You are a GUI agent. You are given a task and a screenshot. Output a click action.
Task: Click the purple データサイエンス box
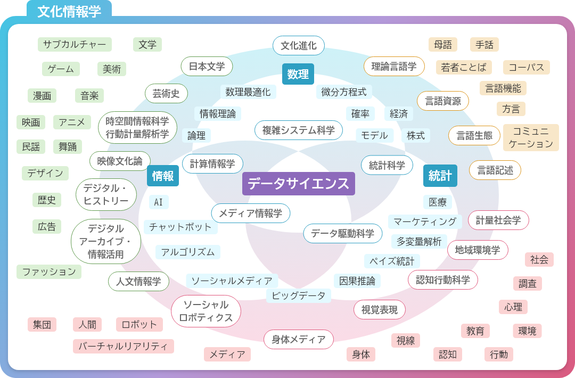[x=299, y=183]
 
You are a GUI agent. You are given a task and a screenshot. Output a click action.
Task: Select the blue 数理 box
[x=298, y=74]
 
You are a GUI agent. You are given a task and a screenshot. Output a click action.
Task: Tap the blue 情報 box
[x=163, y=176]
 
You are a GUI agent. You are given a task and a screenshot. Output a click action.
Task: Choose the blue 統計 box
[x=440, y=176]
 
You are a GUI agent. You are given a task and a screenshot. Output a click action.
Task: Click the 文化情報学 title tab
[x=69, y=11]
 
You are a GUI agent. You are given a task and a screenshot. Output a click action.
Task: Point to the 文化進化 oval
[x=299, y=45]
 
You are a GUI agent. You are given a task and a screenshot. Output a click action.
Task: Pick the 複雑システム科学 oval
[x=299, y=130]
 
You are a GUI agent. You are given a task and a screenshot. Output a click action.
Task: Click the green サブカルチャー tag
[x=75, y=44]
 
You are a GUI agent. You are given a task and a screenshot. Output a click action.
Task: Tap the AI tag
[x=159, y=202]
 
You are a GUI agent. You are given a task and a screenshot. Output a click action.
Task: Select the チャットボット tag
[x=180, y=227]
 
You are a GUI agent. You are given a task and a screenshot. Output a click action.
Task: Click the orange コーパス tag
[x=526, y=68]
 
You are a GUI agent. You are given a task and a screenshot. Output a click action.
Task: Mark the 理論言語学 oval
[x=394, y=67]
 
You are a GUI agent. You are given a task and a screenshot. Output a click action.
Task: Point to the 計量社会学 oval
[x=498, y=220]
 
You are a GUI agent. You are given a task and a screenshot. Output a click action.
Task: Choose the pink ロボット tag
[x=139, y=324]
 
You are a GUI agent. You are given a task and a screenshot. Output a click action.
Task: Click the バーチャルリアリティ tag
[x=123, y=346]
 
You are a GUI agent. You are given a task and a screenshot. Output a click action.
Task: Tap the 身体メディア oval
[x=299, y=340]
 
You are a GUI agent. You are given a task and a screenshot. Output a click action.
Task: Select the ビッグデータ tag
[x=299, y=295]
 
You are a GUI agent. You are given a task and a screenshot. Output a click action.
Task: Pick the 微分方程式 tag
[x=344, y=92]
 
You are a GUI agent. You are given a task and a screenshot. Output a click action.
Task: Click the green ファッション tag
[x=49, y=272]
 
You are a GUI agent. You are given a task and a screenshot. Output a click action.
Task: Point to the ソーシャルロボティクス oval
[x=206, y=311]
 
